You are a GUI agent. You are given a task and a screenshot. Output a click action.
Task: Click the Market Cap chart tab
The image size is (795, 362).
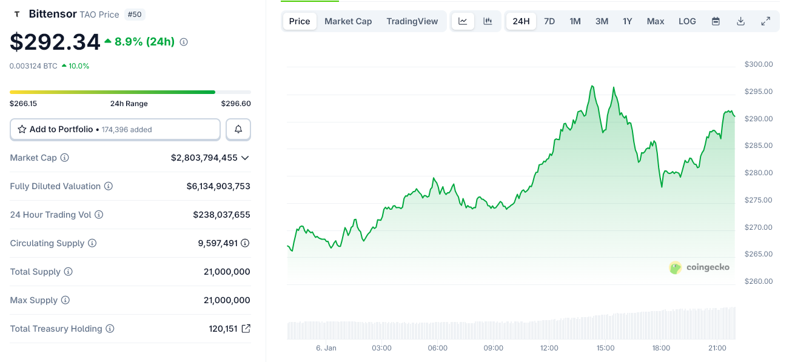coord(348,21)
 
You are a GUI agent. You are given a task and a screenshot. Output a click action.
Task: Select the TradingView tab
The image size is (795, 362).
coord(412,21)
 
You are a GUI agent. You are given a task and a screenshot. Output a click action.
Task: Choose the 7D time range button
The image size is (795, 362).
coord(549,21)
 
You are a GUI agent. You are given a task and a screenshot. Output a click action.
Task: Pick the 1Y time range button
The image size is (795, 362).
coord(627,21)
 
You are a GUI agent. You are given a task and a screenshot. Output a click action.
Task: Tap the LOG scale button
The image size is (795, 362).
coord(687,21)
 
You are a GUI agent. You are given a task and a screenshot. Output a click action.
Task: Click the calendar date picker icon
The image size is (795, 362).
coord(716,21)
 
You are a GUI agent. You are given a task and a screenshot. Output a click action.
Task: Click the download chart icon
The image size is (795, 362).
coord(740,21)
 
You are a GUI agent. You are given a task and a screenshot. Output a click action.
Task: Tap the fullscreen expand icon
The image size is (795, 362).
coord(766,21)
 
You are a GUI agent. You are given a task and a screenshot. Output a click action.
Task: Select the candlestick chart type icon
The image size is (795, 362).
coord(488,21)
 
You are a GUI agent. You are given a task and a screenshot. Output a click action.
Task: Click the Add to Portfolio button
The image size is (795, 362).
coord(115,129)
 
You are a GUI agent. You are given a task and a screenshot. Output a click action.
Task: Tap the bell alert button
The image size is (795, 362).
coord(238,129)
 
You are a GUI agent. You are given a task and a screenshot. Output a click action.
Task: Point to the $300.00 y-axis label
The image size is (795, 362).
coord(759,64)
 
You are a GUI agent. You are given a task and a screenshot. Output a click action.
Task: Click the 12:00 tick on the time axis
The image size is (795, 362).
coord(549,348)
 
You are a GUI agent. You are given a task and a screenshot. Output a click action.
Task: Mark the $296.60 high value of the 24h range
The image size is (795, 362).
coord(236,104)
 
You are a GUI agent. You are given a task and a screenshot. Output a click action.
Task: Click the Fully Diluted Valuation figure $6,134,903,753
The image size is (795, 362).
coord(218,186)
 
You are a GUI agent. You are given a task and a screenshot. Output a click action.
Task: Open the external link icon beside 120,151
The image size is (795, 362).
coord(246,329)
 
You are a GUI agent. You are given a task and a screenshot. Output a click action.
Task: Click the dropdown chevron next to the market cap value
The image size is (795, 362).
coord(245,158)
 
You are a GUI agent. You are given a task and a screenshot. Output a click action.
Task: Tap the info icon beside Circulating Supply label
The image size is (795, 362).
coord(92,243)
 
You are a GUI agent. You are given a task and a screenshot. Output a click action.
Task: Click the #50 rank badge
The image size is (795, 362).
coord(135,14)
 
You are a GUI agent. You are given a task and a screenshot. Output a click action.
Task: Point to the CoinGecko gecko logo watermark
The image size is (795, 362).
coord(676,267)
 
